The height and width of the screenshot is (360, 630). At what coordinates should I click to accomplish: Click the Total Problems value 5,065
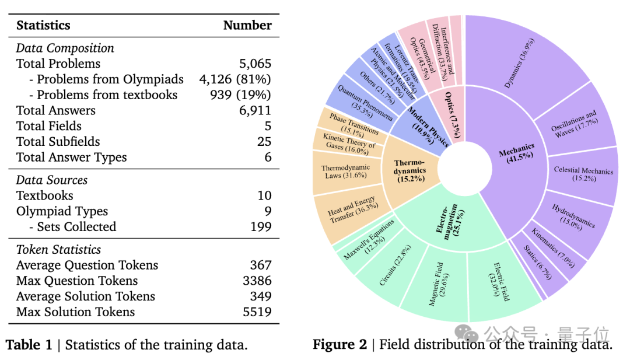point(255,64)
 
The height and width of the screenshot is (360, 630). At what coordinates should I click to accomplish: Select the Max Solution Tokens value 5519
point(257,312)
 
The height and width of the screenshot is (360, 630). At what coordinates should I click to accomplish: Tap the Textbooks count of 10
point(264,195)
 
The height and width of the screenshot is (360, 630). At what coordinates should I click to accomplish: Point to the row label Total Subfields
point(58,142)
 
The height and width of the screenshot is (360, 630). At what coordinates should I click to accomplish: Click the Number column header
point(247,25)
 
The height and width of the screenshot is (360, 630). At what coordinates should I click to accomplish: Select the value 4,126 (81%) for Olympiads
point(235,79)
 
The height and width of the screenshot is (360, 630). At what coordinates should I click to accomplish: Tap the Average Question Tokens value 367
point(260,265)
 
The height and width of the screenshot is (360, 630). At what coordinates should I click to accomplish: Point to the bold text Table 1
point(29,345)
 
